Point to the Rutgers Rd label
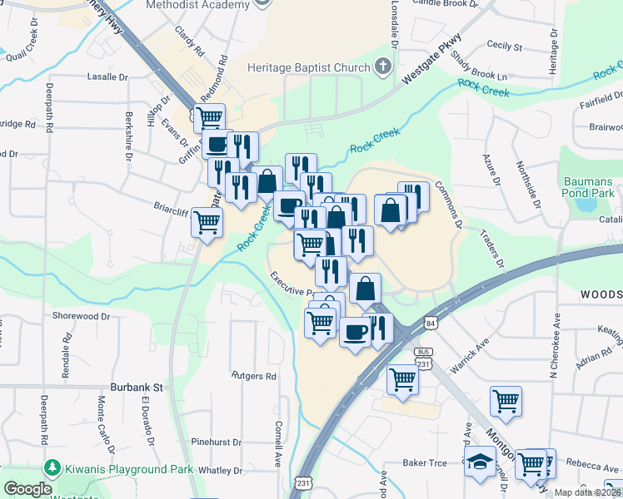coord(253,376)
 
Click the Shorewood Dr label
coord(81,316)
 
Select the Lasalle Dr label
coord(109,77)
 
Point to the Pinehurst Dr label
coord(216,442)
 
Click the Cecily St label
coord(504,47)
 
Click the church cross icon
coord(383,66)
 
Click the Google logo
coord(28,489)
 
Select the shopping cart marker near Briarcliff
coord(206,222)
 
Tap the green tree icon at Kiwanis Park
coord(54,469)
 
